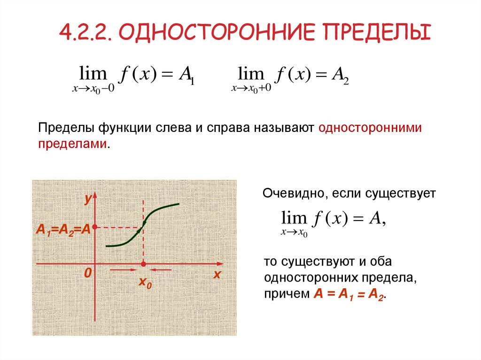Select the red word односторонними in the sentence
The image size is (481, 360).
[370, 128]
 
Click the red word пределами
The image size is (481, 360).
[73, 144]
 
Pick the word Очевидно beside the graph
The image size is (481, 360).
[291, 193]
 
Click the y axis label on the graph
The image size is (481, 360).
[87, 199]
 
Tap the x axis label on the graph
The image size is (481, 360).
[217, 275]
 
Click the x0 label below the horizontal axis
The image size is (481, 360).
[145, 283]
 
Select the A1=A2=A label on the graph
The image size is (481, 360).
[63, 230]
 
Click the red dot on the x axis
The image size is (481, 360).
[143, 264]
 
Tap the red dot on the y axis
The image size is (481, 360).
[95, 228]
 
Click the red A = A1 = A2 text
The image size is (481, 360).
[349, 295]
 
